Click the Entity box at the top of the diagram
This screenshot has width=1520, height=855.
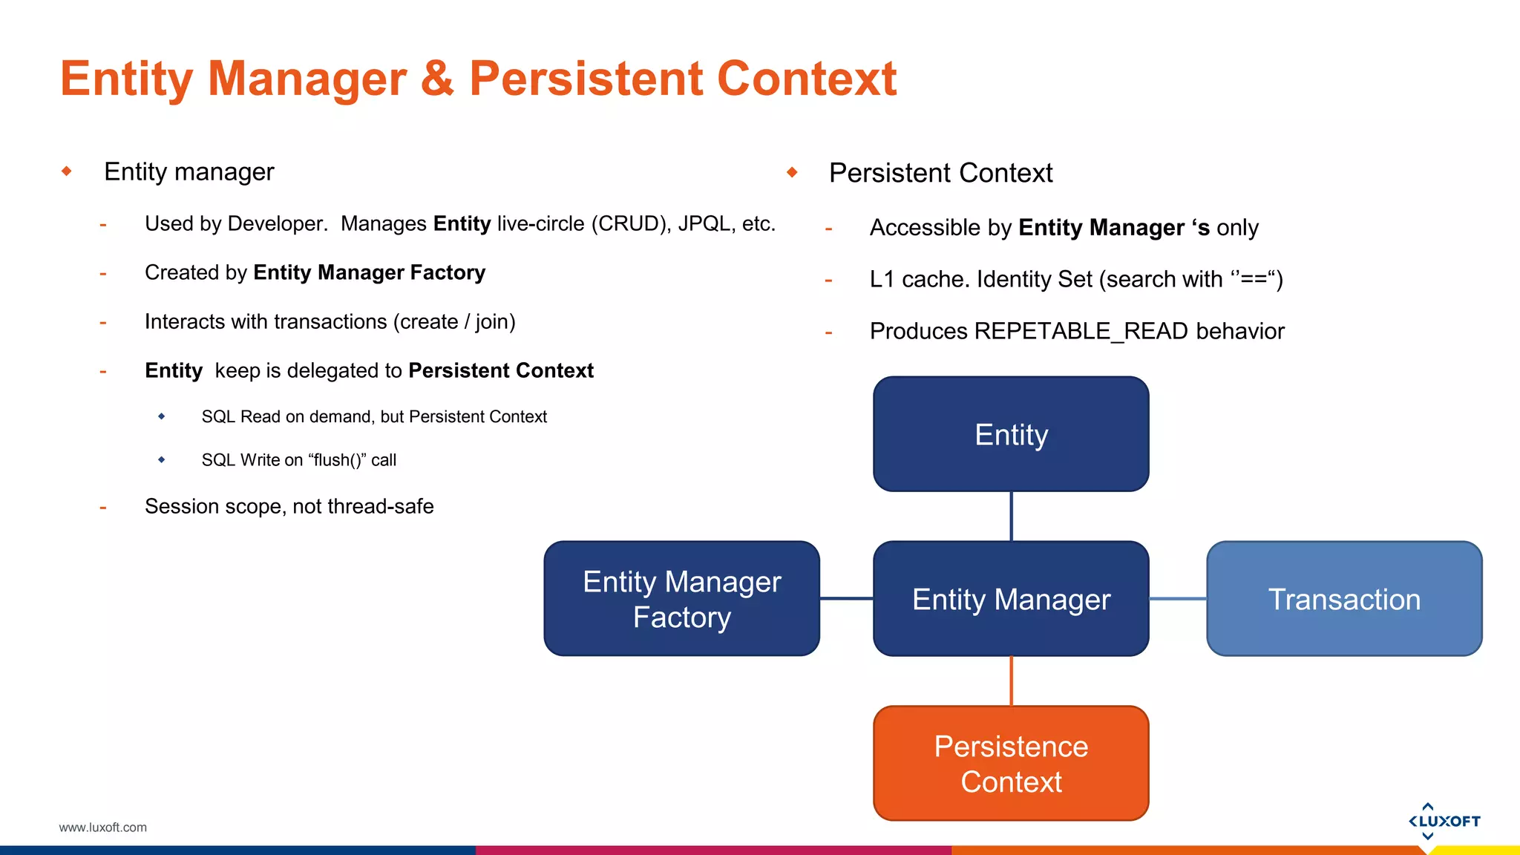pos(1011,434)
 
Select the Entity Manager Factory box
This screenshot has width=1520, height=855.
pos(681,598)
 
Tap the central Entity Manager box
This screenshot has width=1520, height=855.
pos(1011,598)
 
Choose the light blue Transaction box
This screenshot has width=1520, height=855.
pos(1344,598)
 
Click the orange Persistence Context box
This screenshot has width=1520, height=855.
pos(1011,763)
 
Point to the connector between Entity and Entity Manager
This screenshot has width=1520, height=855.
pos(1012,516)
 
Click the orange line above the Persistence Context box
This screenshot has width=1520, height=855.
pos(1012,681)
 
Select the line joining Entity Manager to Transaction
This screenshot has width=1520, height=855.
pos(1178,598)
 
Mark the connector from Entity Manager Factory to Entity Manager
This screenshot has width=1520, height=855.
pos(846,598)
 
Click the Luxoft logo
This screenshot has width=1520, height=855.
pos(1444,821)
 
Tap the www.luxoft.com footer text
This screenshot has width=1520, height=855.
pos(102,828)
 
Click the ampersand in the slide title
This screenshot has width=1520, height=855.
pos(437,79)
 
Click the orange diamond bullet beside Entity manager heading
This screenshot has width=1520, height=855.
pos(67,171)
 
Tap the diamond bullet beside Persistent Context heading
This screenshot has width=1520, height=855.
pos(792,172)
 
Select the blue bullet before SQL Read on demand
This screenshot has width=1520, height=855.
pos(162,416)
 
